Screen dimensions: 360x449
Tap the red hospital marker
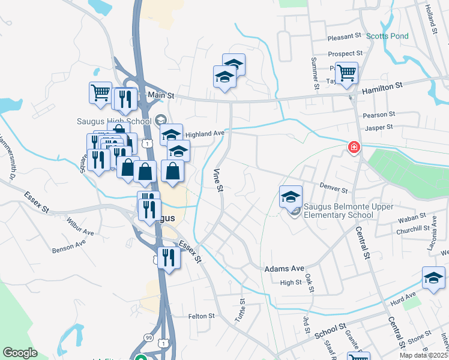point(354,147)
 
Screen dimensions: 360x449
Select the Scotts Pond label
point(387,36)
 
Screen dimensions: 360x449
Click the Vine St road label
point(218,181)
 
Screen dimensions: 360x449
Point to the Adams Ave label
point(285,269)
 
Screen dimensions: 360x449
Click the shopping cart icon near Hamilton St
point(346,73)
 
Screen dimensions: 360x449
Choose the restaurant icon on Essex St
point(169,258)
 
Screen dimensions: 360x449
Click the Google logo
point(20,353)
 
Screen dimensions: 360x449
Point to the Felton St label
point(202,316)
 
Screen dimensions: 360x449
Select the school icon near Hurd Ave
point(433,278)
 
